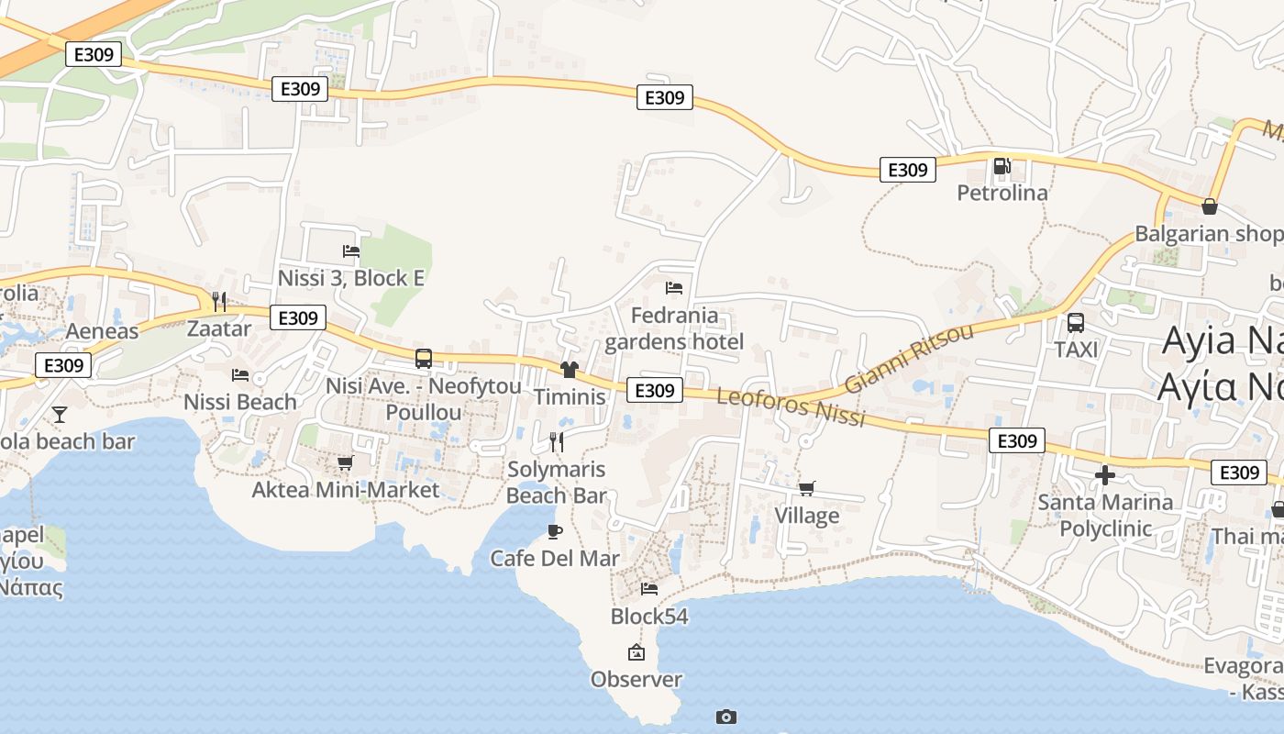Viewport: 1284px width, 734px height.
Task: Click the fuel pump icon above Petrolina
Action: tap(1002, 166)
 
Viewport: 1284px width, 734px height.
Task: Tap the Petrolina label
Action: tap(1002, 193)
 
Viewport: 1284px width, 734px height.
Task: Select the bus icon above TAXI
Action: tap(1076, 323)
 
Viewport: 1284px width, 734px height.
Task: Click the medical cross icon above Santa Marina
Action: tap(1105, 475)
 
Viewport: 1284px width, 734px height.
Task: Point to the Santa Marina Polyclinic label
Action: tap(1105, 515)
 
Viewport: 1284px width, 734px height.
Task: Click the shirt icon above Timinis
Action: tap(570, 370)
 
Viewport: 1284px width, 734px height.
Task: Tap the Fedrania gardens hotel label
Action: tap(674, 328)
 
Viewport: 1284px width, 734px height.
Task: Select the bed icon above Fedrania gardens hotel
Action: tap(674, 287)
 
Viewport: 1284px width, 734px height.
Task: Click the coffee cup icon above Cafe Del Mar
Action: tap(554, 531)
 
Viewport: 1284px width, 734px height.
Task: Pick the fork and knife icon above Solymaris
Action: tap(556, 442)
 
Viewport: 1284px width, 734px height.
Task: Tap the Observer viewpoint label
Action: tap(636, 679)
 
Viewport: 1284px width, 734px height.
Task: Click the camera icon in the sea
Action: tap(726, 717)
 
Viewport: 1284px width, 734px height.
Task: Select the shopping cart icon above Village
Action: tap(806, 488)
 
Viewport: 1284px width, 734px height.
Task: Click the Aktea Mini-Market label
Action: tap(346, 490)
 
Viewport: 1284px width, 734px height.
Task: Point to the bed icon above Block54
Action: tap(649, 588)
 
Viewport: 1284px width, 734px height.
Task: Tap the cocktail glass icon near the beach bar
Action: tap(60, 415)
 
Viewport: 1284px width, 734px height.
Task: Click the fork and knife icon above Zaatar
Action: tap(218, 301)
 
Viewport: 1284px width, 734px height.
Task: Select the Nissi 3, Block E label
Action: tap(350, 277)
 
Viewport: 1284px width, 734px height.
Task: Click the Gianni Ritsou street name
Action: tap(908, 358)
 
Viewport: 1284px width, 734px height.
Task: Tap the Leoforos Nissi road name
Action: tap(791, 406)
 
